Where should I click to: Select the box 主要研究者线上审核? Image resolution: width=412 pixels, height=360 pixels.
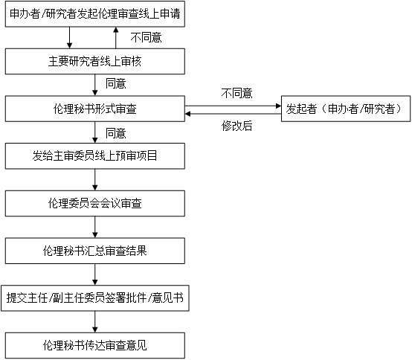95,61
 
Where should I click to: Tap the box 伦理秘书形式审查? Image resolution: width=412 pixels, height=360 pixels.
95,109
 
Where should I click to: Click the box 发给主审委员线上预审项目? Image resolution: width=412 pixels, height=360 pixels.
95,155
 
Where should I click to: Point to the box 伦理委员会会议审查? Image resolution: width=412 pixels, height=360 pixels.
95,202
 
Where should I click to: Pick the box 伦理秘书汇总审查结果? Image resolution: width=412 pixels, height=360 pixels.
95,249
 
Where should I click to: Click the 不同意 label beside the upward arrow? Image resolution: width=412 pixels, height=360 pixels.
146,37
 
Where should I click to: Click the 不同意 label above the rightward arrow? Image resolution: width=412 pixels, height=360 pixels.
236,94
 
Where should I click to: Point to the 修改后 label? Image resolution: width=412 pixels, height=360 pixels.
236,126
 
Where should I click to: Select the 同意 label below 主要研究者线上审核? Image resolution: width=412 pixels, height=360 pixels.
115,83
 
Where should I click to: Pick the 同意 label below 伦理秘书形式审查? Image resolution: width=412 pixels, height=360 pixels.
115,134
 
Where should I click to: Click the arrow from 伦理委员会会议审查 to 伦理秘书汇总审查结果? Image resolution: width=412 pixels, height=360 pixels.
95,226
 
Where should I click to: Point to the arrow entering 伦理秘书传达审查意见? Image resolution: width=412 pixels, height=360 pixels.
95,321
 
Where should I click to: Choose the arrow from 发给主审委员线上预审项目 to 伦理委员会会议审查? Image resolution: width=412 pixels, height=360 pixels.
95,179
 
